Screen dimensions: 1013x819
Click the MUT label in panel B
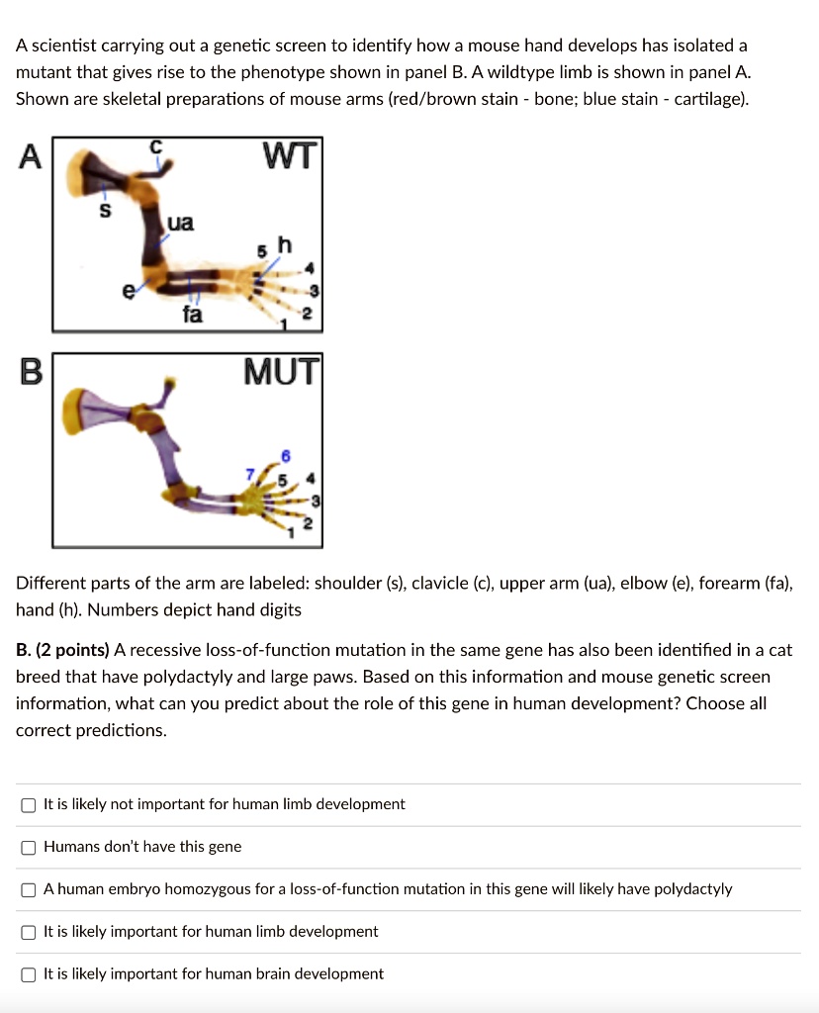coord(283,373)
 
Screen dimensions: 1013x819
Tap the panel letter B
coord(31,373)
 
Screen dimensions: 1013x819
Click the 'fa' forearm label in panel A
coord(192,315)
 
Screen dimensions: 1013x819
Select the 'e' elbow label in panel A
coord(125,292)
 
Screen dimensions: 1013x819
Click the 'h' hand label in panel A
coord(285,243)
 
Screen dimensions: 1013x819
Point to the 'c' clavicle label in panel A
coord(154,146)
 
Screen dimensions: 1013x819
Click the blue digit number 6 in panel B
coord(287,454)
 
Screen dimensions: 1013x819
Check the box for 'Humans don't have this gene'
coord(29,847)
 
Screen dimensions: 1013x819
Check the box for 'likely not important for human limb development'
coord(29,804)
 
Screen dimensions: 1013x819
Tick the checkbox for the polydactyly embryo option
coord(29,889)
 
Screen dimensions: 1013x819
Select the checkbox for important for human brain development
coord(29,974)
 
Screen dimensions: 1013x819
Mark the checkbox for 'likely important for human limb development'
coord(29,932)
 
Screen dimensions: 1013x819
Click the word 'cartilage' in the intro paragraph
coord(710,99)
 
